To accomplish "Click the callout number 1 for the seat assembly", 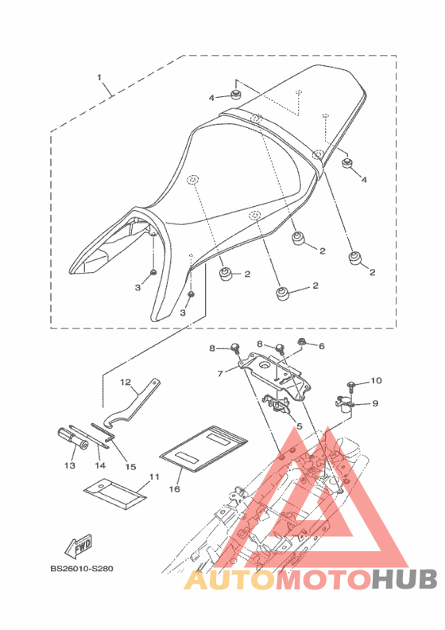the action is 99,76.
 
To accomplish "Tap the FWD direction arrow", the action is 79,546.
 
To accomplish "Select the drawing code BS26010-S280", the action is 82,569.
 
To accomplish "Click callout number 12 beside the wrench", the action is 126,382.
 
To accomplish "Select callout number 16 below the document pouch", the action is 175,489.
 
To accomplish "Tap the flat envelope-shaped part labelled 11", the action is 114,494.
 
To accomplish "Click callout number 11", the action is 154,477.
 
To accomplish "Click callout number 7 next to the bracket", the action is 220,374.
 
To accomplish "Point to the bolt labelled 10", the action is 350,385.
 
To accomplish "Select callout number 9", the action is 375,403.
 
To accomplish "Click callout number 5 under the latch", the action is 299,426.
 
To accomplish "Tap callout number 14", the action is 100,465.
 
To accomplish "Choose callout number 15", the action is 130,466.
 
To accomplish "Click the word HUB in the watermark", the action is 404,579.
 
